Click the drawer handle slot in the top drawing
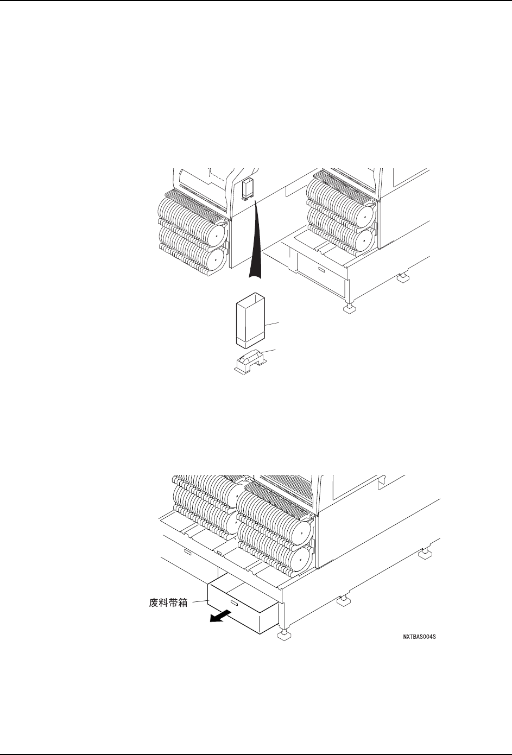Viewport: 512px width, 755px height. [x=321, y=269]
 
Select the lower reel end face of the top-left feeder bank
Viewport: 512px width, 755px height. [x=214, y=260]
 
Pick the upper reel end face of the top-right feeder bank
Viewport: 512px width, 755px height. [x=363, y=213]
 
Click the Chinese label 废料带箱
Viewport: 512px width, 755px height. [x=168, y=602]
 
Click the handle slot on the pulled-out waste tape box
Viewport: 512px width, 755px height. [x=235, y=602]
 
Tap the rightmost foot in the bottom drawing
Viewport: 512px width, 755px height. [x=425, y=555]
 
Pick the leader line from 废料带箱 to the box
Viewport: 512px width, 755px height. [x=199, y=601]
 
